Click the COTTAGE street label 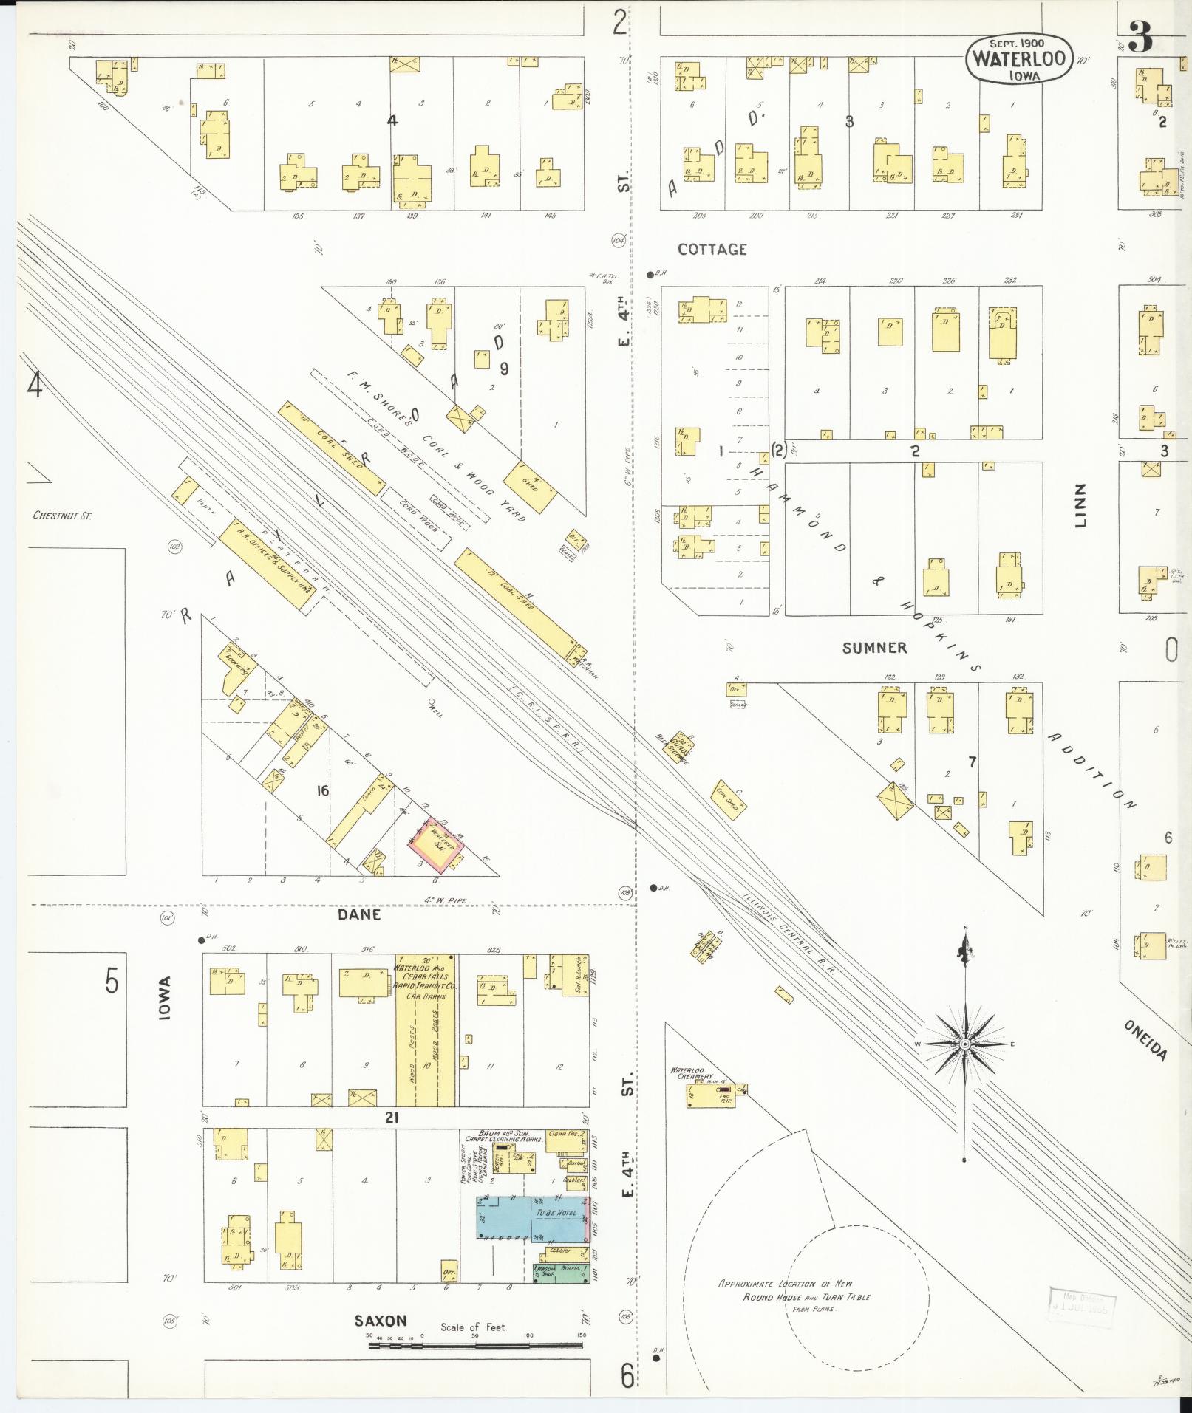coord(712,250)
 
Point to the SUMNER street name coord(874,648)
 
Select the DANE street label coord(359,914)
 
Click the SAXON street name coord(381,1321)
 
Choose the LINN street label coord(1082,504)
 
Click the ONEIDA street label coord(1145,1040)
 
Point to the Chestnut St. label coord(62,515)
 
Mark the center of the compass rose coord(964,1043)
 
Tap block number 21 coord(391,1118)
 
